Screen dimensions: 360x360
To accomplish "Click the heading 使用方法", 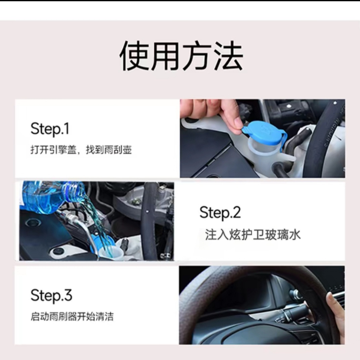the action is pyautogui.click(x=181, y=56).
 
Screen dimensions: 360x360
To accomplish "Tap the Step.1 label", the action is pyautogui.click(x=50, y=129).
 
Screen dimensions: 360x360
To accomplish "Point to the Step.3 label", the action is pyautogui.click(x=51, y=296).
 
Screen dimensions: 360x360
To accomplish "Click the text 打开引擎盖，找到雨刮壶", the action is pyautogui.click(x=81, y=150).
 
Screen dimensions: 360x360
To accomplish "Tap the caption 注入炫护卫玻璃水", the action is pyautogui.click(x=253, y=235).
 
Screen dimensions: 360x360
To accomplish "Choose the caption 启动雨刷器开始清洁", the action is pyautogui.click(x=72, y=317).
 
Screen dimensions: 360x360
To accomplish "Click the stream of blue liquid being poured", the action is pyautogui.click(x=96, y=220).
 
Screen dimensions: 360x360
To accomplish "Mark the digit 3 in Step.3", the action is pyautogui.click(x=68, y=296).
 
